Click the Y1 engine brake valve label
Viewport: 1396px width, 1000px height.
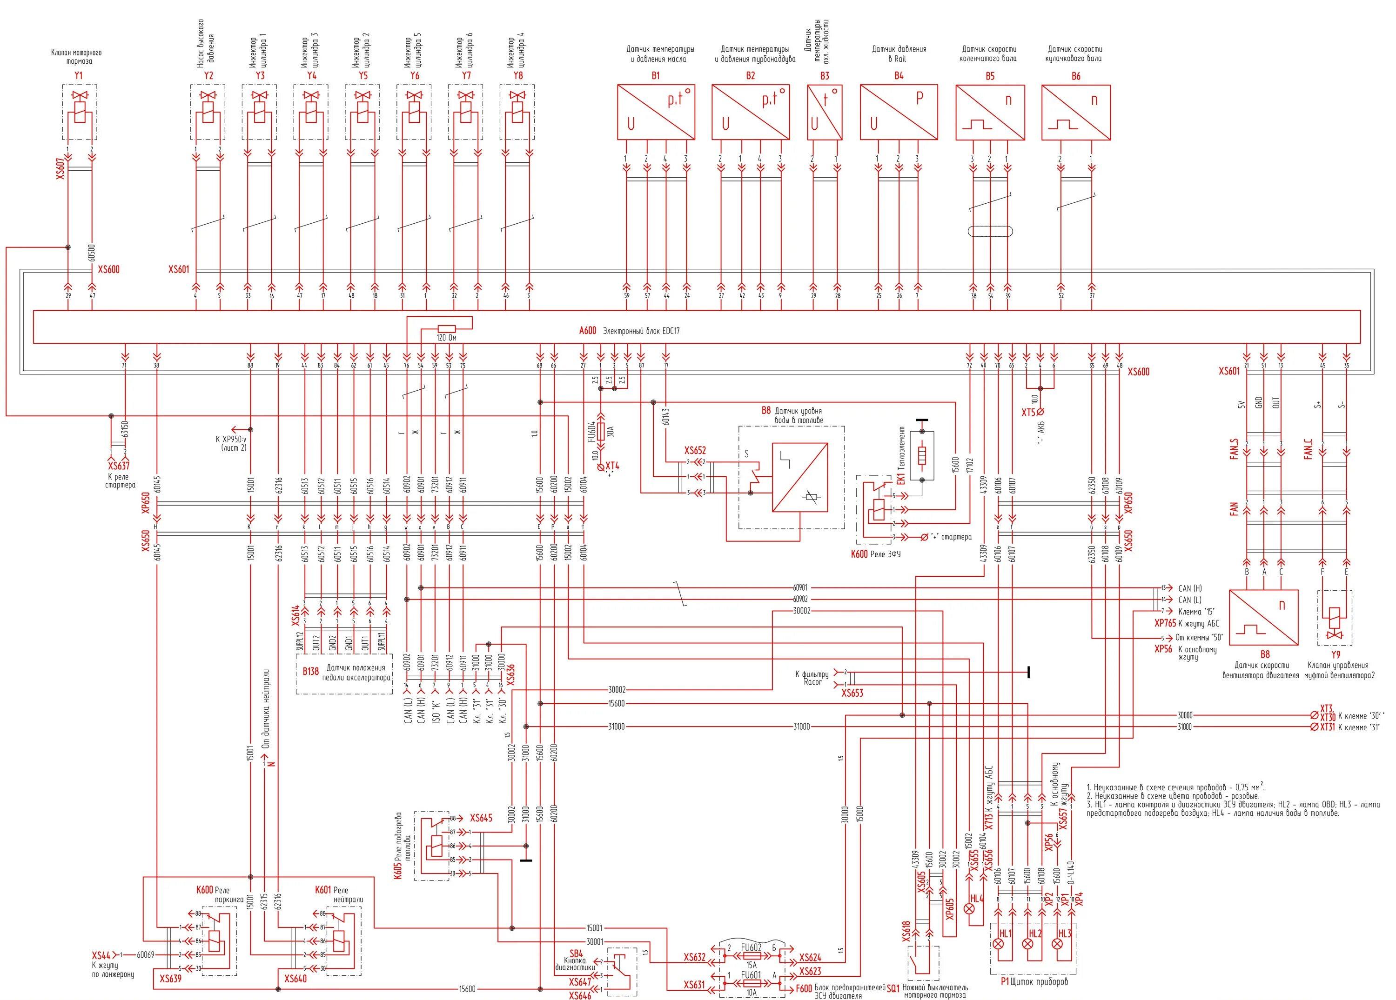(x=78, y=76)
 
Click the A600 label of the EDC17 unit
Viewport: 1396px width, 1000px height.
(x=588, y=330)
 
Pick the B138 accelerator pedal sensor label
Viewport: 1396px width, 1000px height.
(x=310, y=671)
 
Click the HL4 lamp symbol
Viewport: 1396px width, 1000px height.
(x=973, y=908)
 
